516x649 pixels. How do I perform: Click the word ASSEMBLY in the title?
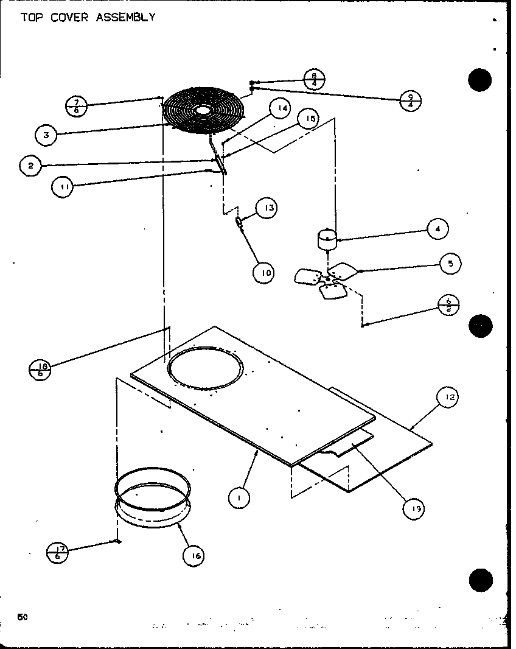[x=125, y=17]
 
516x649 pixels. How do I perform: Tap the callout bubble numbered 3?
[x=46, y=135]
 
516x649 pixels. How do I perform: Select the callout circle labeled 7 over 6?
[x=76, y=106]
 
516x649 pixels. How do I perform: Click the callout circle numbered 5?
[x=450, y=264]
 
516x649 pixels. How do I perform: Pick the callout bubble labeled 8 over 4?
[x=315, y=80]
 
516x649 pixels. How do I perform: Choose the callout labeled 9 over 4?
[x=411, y=100]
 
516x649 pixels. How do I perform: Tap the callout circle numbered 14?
[x=279, y=110]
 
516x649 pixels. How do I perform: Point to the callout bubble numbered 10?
[x=264, y=273]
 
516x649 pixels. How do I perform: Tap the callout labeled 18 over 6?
[x=40, y=369]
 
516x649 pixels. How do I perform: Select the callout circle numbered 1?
[x=239, y=499]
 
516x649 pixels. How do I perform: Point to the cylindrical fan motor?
[x=328, y=240]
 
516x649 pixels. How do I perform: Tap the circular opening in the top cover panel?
[x=205, y=371]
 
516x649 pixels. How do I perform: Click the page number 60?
[x=23, y=617]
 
